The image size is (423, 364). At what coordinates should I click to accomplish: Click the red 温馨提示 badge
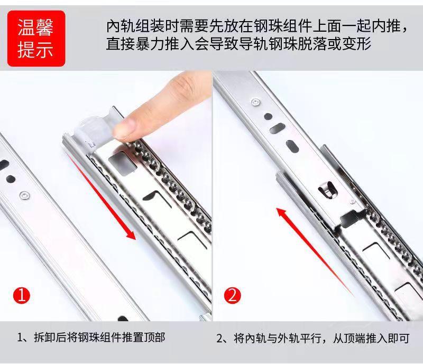[x=36, y=39]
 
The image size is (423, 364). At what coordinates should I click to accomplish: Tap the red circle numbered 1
[x=22, y=295]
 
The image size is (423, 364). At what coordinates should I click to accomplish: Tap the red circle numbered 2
[x=232, y=295]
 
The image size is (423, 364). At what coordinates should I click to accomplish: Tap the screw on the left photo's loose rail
[x=24, y=196]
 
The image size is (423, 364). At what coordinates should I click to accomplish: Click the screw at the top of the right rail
[x=255, y=102]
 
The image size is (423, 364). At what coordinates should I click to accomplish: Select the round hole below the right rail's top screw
[x=268, y=116]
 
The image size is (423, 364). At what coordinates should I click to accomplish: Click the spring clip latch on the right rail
[x=327, y=190]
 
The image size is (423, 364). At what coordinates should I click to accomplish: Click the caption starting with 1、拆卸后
[x=91, y=337]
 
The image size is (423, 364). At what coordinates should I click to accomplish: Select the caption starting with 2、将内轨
[x=313, y=338]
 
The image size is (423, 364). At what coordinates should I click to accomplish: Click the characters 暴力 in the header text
[x=150, y=44]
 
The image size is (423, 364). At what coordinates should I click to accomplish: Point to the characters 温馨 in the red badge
[x=35, y=27]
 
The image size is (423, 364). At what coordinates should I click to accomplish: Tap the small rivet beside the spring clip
[x=352, y=201]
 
